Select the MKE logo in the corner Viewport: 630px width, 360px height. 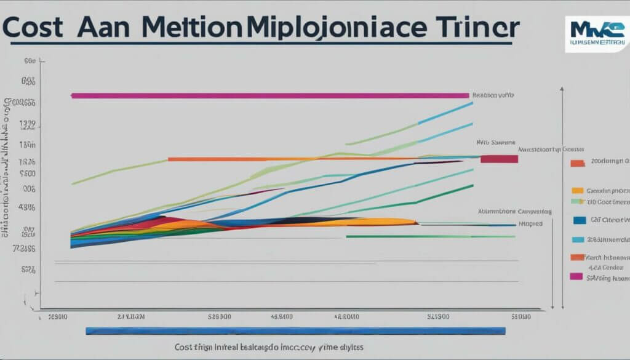pos(597,34)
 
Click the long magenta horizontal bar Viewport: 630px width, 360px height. pos(271,95)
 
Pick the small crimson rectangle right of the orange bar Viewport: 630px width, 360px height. pos(499,159)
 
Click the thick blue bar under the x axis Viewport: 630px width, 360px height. pos(295,331)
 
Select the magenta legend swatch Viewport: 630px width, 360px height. pos(576,276)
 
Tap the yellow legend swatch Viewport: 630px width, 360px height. pos(577,191)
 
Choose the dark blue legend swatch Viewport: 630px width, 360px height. pos(578,220)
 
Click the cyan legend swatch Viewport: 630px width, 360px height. pos(578,239)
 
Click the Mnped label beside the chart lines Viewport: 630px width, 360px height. pos(530,224)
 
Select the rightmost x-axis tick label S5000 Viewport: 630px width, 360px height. pos(520,318)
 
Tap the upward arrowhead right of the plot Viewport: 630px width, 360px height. pos(562,90)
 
